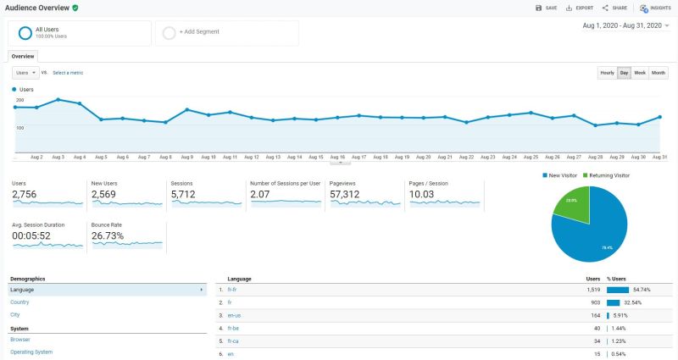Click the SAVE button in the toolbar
coord(546,8)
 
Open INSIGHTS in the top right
coord(655,8)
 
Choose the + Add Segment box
coord(226,32)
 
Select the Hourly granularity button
coord(607,73)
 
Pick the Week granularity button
coord(640,73)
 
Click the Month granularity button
coord(659,73)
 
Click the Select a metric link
coord(68,73)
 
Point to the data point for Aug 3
coord(58,99)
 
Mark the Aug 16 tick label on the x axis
coord(337,157)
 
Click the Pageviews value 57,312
coord(346,195)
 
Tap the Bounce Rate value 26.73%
coord(108,236)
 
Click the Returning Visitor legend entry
coord(608,175)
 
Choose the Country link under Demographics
coord(19,302)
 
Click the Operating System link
coord(31,352)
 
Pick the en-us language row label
coord(234,315)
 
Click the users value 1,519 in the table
coord(590,290)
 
